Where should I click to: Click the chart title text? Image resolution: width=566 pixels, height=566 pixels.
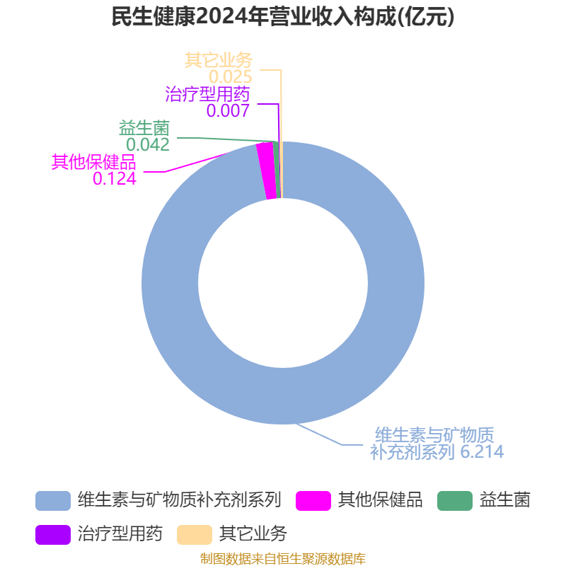(282, 16)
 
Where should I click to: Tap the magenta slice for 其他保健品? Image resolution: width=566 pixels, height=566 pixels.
(267, 171)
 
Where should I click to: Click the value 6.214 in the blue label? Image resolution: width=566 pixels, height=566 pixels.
(482, 451)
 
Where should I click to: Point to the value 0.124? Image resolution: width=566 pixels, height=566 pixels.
(115, 178)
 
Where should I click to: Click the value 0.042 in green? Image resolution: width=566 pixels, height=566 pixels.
(148, 145)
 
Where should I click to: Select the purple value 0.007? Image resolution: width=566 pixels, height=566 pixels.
(228, 110)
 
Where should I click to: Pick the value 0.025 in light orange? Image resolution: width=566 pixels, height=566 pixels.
(231, 76)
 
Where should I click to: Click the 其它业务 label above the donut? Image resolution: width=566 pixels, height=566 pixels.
(219, 60)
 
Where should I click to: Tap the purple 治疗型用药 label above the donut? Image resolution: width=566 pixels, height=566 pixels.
(207, 94)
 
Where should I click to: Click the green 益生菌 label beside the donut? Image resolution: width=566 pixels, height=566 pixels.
(144, 128)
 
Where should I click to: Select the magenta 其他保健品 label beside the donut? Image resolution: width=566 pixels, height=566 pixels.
(94, 162)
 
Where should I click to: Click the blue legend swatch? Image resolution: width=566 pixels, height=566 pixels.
(53, 501)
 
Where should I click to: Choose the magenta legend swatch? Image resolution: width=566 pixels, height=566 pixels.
(313, 501)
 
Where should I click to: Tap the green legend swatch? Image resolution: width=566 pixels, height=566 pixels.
(455, 501)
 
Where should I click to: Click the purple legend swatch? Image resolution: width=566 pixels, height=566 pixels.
(53, 535)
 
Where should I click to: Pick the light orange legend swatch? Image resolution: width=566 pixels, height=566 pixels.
(195, 535)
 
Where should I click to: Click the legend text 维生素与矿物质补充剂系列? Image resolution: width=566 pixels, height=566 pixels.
(180, 500)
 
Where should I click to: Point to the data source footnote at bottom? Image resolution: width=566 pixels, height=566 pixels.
(283, 559)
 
